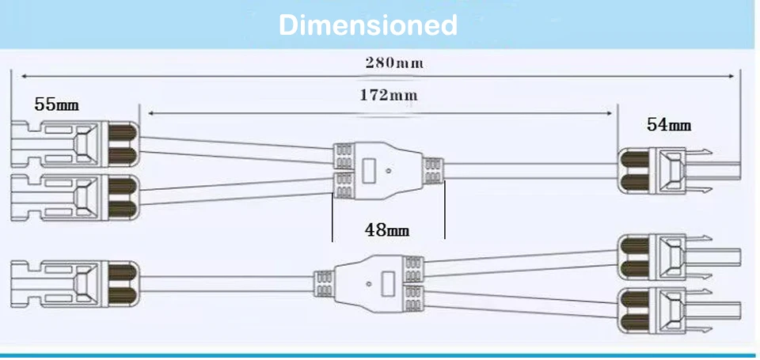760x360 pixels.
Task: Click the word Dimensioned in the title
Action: (x=368, y=25)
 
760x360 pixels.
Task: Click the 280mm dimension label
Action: (x=393, y=63)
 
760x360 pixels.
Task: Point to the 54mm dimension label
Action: (x=669, y=124)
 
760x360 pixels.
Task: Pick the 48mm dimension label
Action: (x=386, y=230)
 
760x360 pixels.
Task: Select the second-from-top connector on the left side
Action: (x=74, y=193)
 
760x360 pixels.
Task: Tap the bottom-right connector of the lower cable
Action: (x=677, y=309)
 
